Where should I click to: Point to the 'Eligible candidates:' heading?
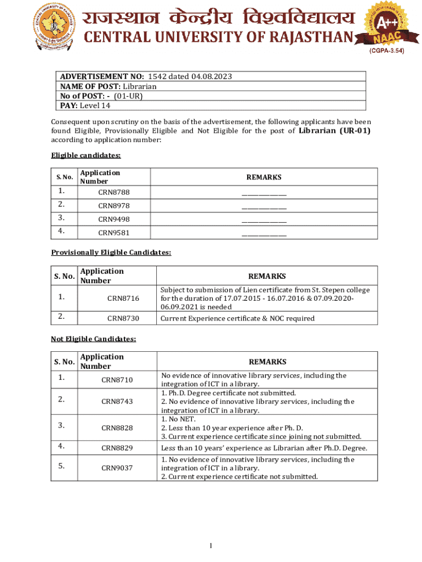pos(85,156)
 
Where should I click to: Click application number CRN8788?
pos(114,193)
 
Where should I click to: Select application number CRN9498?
pos(114,219)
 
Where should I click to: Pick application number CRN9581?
pos(114,232)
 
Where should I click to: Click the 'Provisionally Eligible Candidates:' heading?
pos(111,252)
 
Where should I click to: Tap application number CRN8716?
pos(123,298)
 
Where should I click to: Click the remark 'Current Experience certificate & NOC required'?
pos(237,318)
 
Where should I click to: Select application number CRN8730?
pos(123,318)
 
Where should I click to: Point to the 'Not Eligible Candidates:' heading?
pos(93,339)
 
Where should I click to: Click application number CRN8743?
pos(117,402)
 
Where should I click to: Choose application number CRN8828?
pos(117,428)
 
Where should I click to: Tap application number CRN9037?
pos(117,468)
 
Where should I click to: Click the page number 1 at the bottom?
pos(211,546)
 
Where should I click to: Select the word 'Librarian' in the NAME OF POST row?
pos(139,86)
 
